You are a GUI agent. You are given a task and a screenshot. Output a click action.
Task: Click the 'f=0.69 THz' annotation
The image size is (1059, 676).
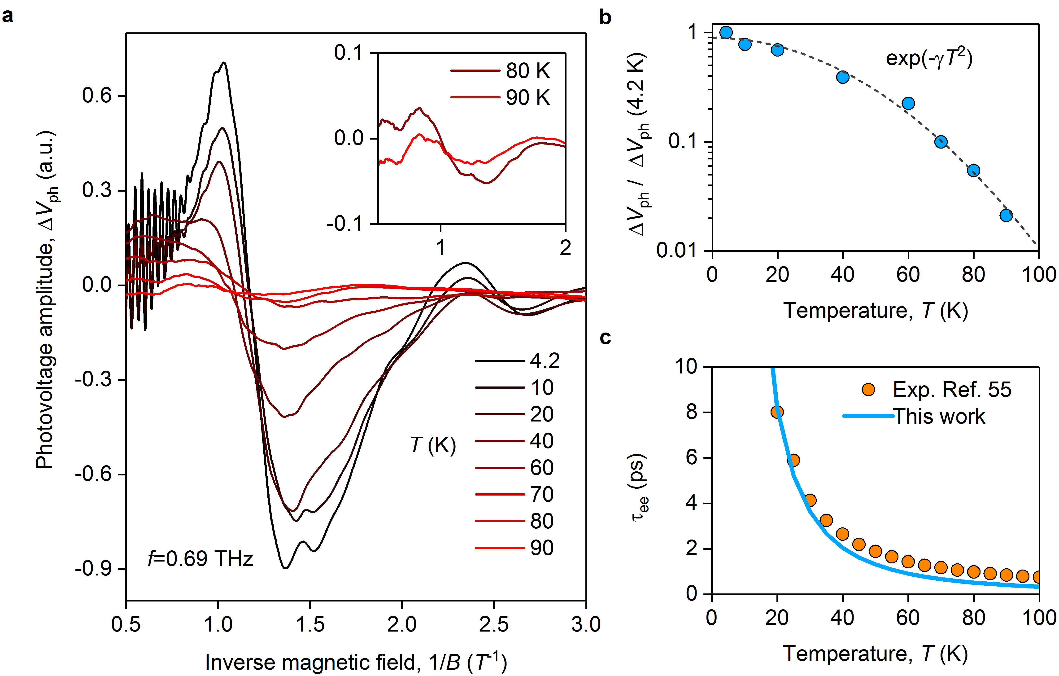click(200, 559)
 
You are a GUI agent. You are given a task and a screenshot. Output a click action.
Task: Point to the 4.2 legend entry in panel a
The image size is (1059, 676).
click(545, 361)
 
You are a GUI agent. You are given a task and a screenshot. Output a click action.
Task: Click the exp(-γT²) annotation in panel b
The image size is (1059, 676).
click(929, 58)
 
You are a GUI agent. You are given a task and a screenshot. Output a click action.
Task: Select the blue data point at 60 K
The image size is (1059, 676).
click(908, 103)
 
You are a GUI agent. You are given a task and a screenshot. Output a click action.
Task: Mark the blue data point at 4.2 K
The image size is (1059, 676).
click(726, 32)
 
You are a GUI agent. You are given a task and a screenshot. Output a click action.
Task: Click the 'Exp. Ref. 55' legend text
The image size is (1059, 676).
click(952, 390)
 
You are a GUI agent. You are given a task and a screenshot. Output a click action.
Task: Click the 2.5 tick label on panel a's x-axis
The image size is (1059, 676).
click(493, 624)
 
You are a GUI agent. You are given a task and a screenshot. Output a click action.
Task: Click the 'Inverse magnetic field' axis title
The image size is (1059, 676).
click(356, 662)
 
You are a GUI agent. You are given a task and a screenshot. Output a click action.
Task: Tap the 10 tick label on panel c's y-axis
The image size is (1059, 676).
click(686, 366)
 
